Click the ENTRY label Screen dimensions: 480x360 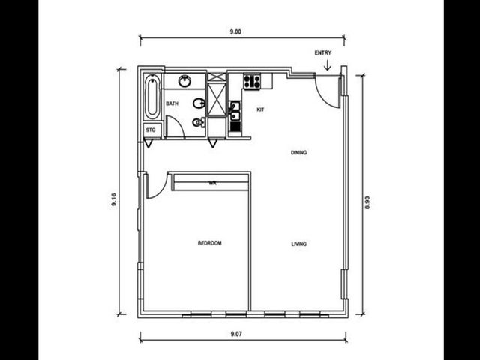323,53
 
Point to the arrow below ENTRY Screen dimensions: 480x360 328,65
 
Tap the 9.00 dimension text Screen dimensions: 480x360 235,31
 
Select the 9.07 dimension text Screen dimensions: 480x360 236,334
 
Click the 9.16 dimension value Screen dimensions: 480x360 114,199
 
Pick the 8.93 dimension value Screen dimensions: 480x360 367,202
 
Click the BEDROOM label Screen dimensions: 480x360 210,243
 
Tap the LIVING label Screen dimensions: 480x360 298,244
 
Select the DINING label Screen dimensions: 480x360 298,152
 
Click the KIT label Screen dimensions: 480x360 260,109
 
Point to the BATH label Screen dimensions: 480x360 172,103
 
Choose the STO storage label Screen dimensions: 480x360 151,130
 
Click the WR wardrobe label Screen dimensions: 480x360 212,183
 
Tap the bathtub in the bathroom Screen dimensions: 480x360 152,97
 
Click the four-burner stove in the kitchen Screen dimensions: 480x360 252,82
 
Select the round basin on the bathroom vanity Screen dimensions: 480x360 185,81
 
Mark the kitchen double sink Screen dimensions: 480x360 235,111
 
